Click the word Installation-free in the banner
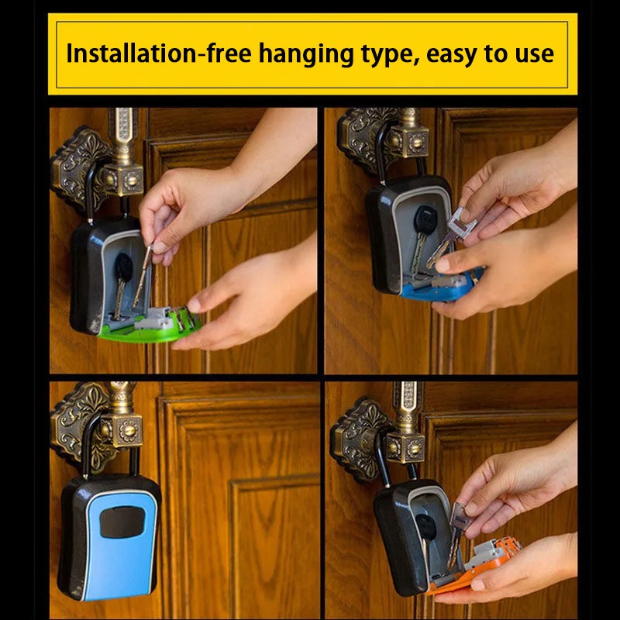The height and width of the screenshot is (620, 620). click(159, 53)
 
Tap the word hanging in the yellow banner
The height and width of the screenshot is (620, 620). click(306, 54)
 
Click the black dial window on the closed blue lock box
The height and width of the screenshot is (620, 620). click(122, 522)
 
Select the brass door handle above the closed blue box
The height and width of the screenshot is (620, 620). click(121, 415)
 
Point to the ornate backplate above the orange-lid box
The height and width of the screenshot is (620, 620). click(358, 439)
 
